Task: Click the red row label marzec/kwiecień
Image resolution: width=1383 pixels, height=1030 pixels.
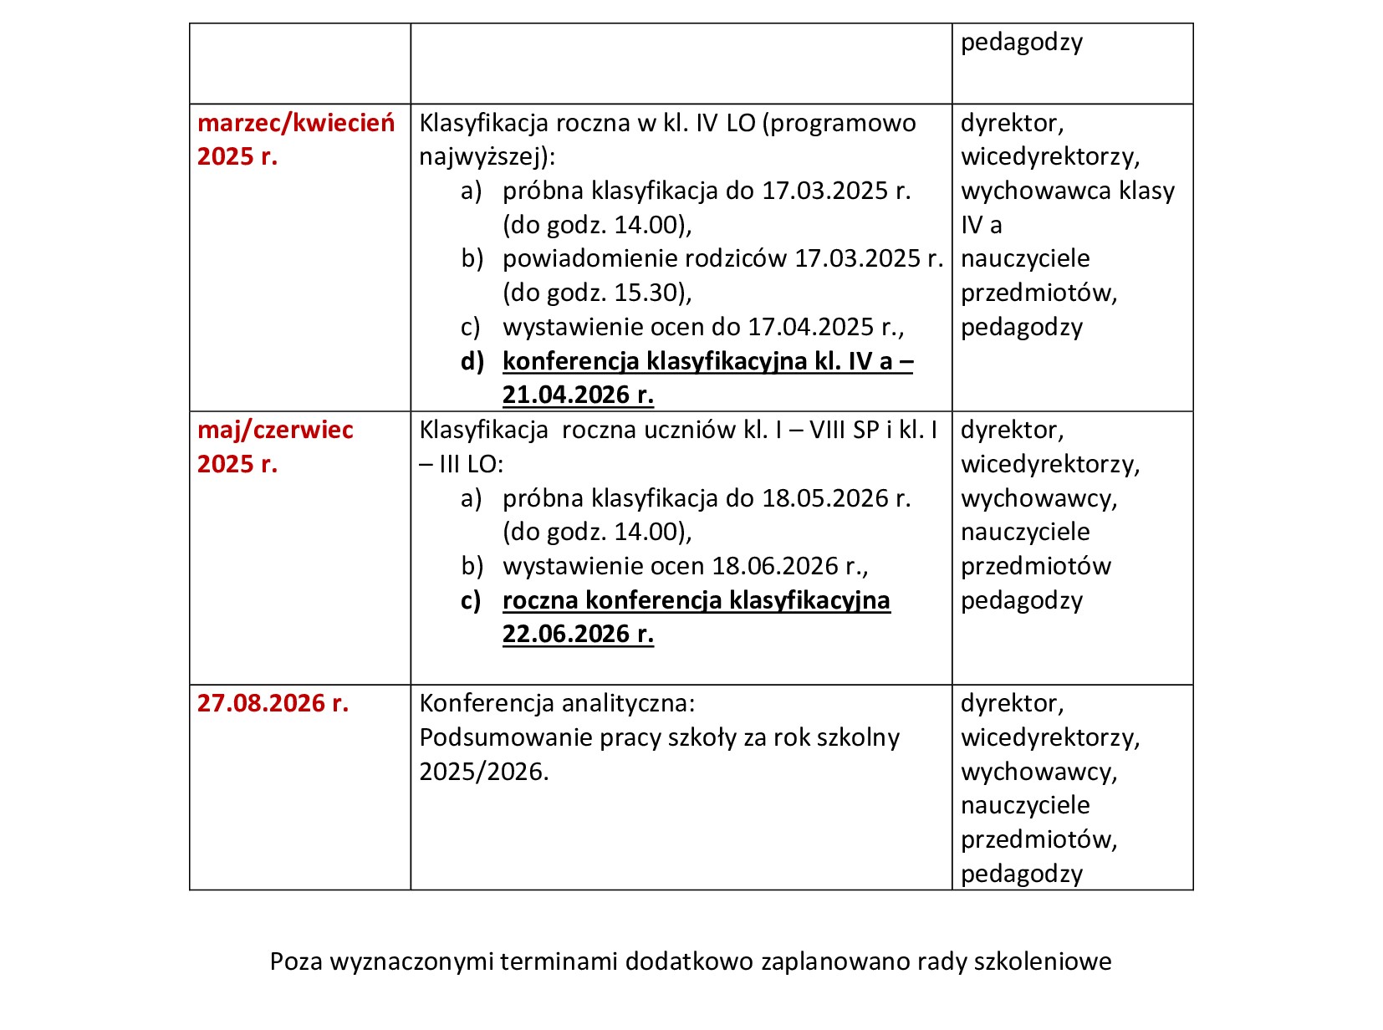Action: pos(296,124)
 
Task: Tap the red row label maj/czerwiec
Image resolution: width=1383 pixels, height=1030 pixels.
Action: pos(275,431)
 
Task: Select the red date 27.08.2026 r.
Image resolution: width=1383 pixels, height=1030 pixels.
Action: pos(273,704)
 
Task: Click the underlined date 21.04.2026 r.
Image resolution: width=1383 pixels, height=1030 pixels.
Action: pos(578,395)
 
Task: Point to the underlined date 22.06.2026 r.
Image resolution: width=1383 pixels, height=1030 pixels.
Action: pos(578,635)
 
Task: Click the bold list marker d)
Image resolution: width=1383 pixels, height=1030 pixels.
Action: pos(472,361)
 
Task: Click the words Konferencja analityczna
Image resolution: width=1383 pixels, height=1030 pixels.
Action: pos(557,704)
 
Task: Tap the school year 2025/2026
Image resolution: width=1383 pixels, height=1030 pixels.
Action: pos(482,772)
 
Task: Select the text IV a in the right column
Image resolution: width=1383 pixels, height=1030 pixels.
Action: pos(981,225)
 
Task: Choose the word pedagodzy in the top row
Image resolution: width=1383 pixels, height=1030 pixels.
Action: pos(1021,43)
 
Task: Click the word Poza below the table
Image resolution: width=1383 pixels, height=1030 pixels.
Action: pos(296,962)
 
